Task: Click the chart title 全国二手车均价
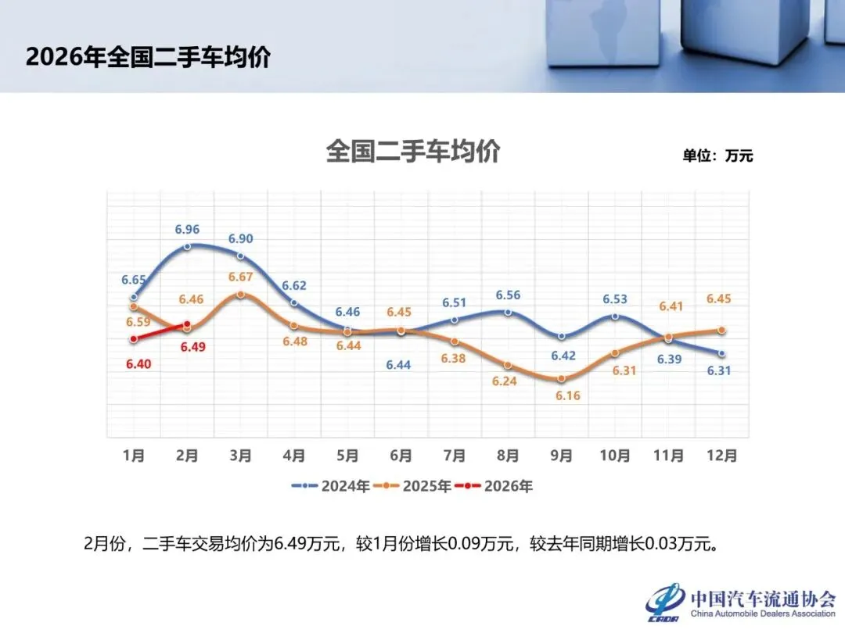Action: click(x=412, y=152)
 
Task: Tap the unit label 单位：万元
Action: click(x=717, y=156)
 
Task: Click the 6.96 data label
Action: click(x=187, y=230)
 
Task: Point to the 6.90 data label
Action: click(x=240, y=239)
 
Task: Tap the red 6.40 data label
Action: click(x=134, y=363)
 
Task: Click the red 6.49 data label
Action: click(x=192, y=348)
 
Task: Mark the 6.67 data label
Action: click(x=240, y=277)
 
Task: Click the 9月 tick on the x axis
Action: click(x=561, y=456)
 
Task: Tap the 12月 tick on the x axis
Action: click(x=721, y=456)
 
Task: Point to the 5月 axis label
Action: click(x=347, y=456)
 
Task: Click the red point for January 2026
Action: click(x=134, y=339)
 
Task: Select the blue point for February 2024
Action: click(x=187, y=247)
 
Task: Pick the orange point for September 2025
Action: click(x=561, y=379)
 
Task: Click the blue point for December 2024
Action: click(x=721, y=354)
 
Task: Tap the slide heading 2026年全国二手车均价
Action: click(x=148, y=58)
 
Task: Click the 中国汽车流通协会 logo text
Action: click(x=762, y=599)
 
